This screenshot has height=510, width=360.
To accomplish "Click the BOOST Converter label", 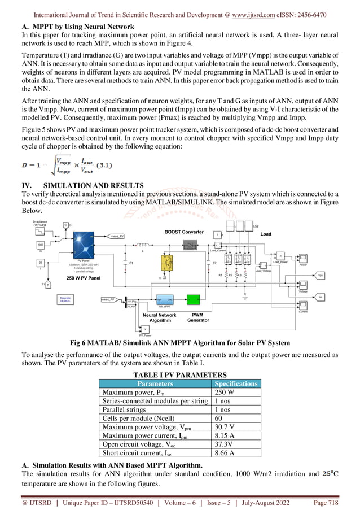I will click(x=184, y=232).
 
